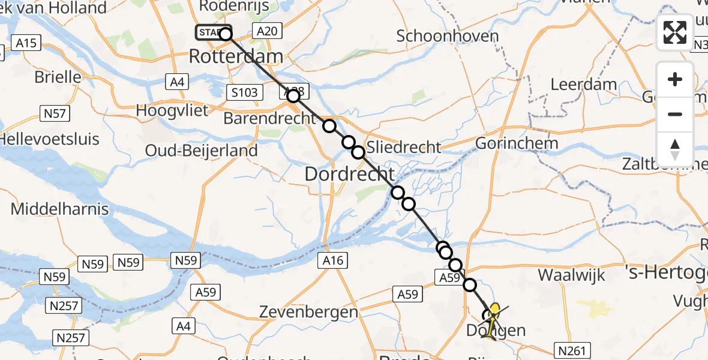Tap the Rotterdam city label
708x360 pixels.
pyautogui.click(x=236, y=57)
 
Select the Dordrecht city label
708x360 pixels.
pyautogui.click(x=349, y=174)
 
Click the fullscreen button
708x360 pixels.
pyautogui.click(x=675, y=32)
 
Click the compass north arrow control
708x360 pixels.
pyautogui.click(x=675, y=149)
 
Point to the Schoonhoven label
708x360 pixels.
pyautogui.click(x=448, y=36)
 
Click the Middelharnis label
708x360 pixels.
pyautogui.click(x=60, y=209)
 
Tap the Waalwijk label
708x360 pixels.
pyautogui.click(x=571, y=275)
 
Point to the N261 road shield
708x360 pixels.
pyautogui.click(x=572, y=351)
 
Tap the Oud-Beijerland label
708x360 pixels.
pyautogui.click(x=202, y=151)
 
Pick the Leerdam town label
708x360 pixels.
pyautogui.click(x=580, y=85)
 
